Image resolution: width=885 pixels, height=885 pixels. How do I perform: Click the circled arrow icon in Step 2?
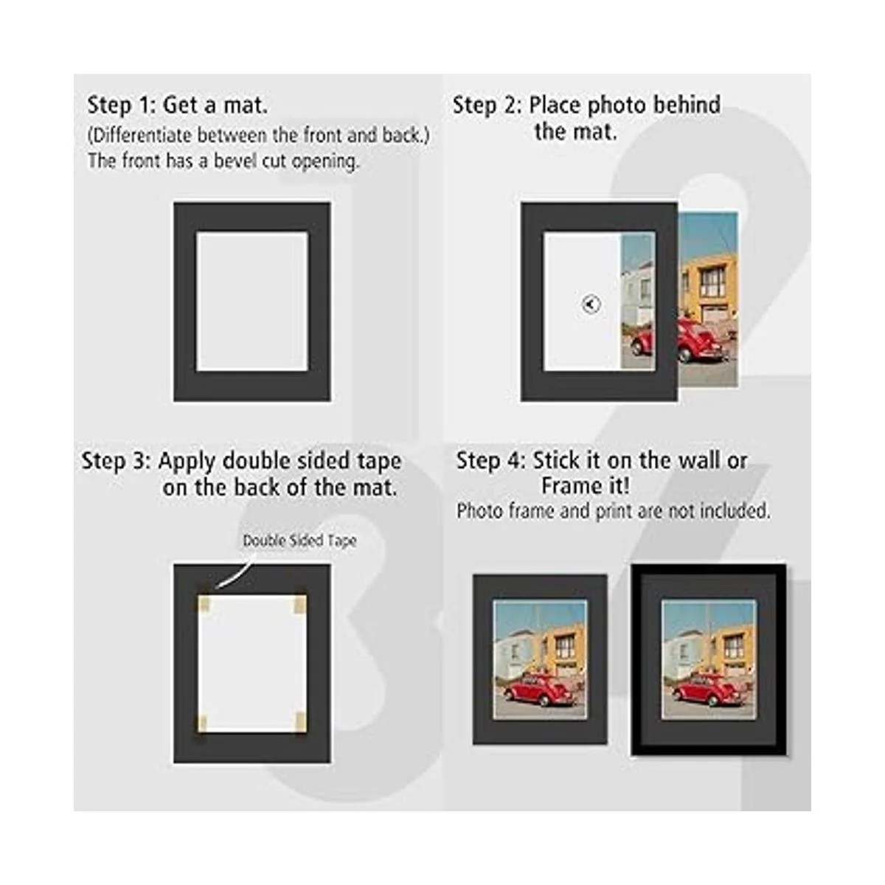591,304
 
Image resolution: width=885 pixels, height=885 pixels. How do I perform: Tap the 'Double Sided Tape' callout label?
299,541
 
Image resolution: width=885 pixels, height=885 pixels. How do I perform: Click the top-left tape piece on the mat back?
204,604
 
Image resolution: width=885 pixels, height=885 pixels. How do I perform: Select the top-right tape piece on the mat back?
300,604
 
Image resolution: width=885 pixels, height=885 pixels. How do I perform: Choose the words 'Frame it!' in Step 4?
585,486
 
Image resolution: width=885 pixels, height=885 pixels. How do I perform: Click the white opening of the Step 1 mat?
251,302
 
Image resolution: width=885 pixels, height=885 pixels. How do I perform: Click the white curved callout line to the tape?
233,575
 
